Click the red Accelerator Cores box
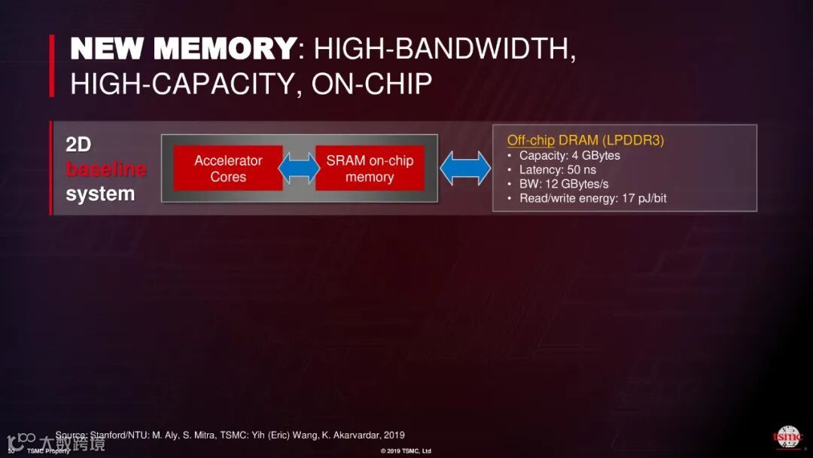(228, 168)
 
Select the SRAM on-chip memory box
(370, 168)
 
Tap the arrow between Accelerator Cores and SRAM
(299, 168)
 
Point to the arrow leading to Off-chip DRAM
(465, 168)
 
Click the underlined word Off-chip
(531, 140)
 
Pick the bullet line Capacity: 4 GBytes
(569, 155)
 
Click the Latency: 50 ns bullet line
(557, 169)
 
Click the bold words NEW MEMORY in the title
(183, 50)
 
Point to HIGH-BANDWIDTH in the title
(445, 50)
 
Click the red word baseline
(106, 169)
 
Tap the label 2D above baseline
(78, 145)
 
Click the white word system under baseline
(100, 194)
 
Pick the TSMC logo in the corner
(787, 437)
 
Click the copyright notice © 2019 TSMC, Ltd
(406, 451)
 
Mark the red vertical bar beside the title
(52, 66)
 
